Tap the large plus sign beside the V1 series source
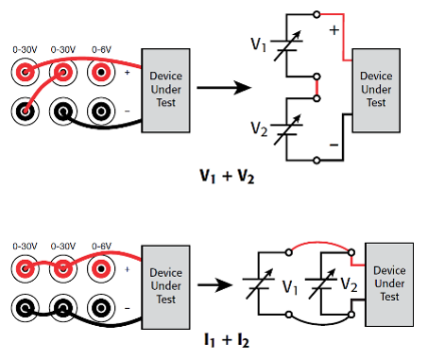click(333, 31)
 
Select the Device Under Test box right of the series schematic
click(376, 89)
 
